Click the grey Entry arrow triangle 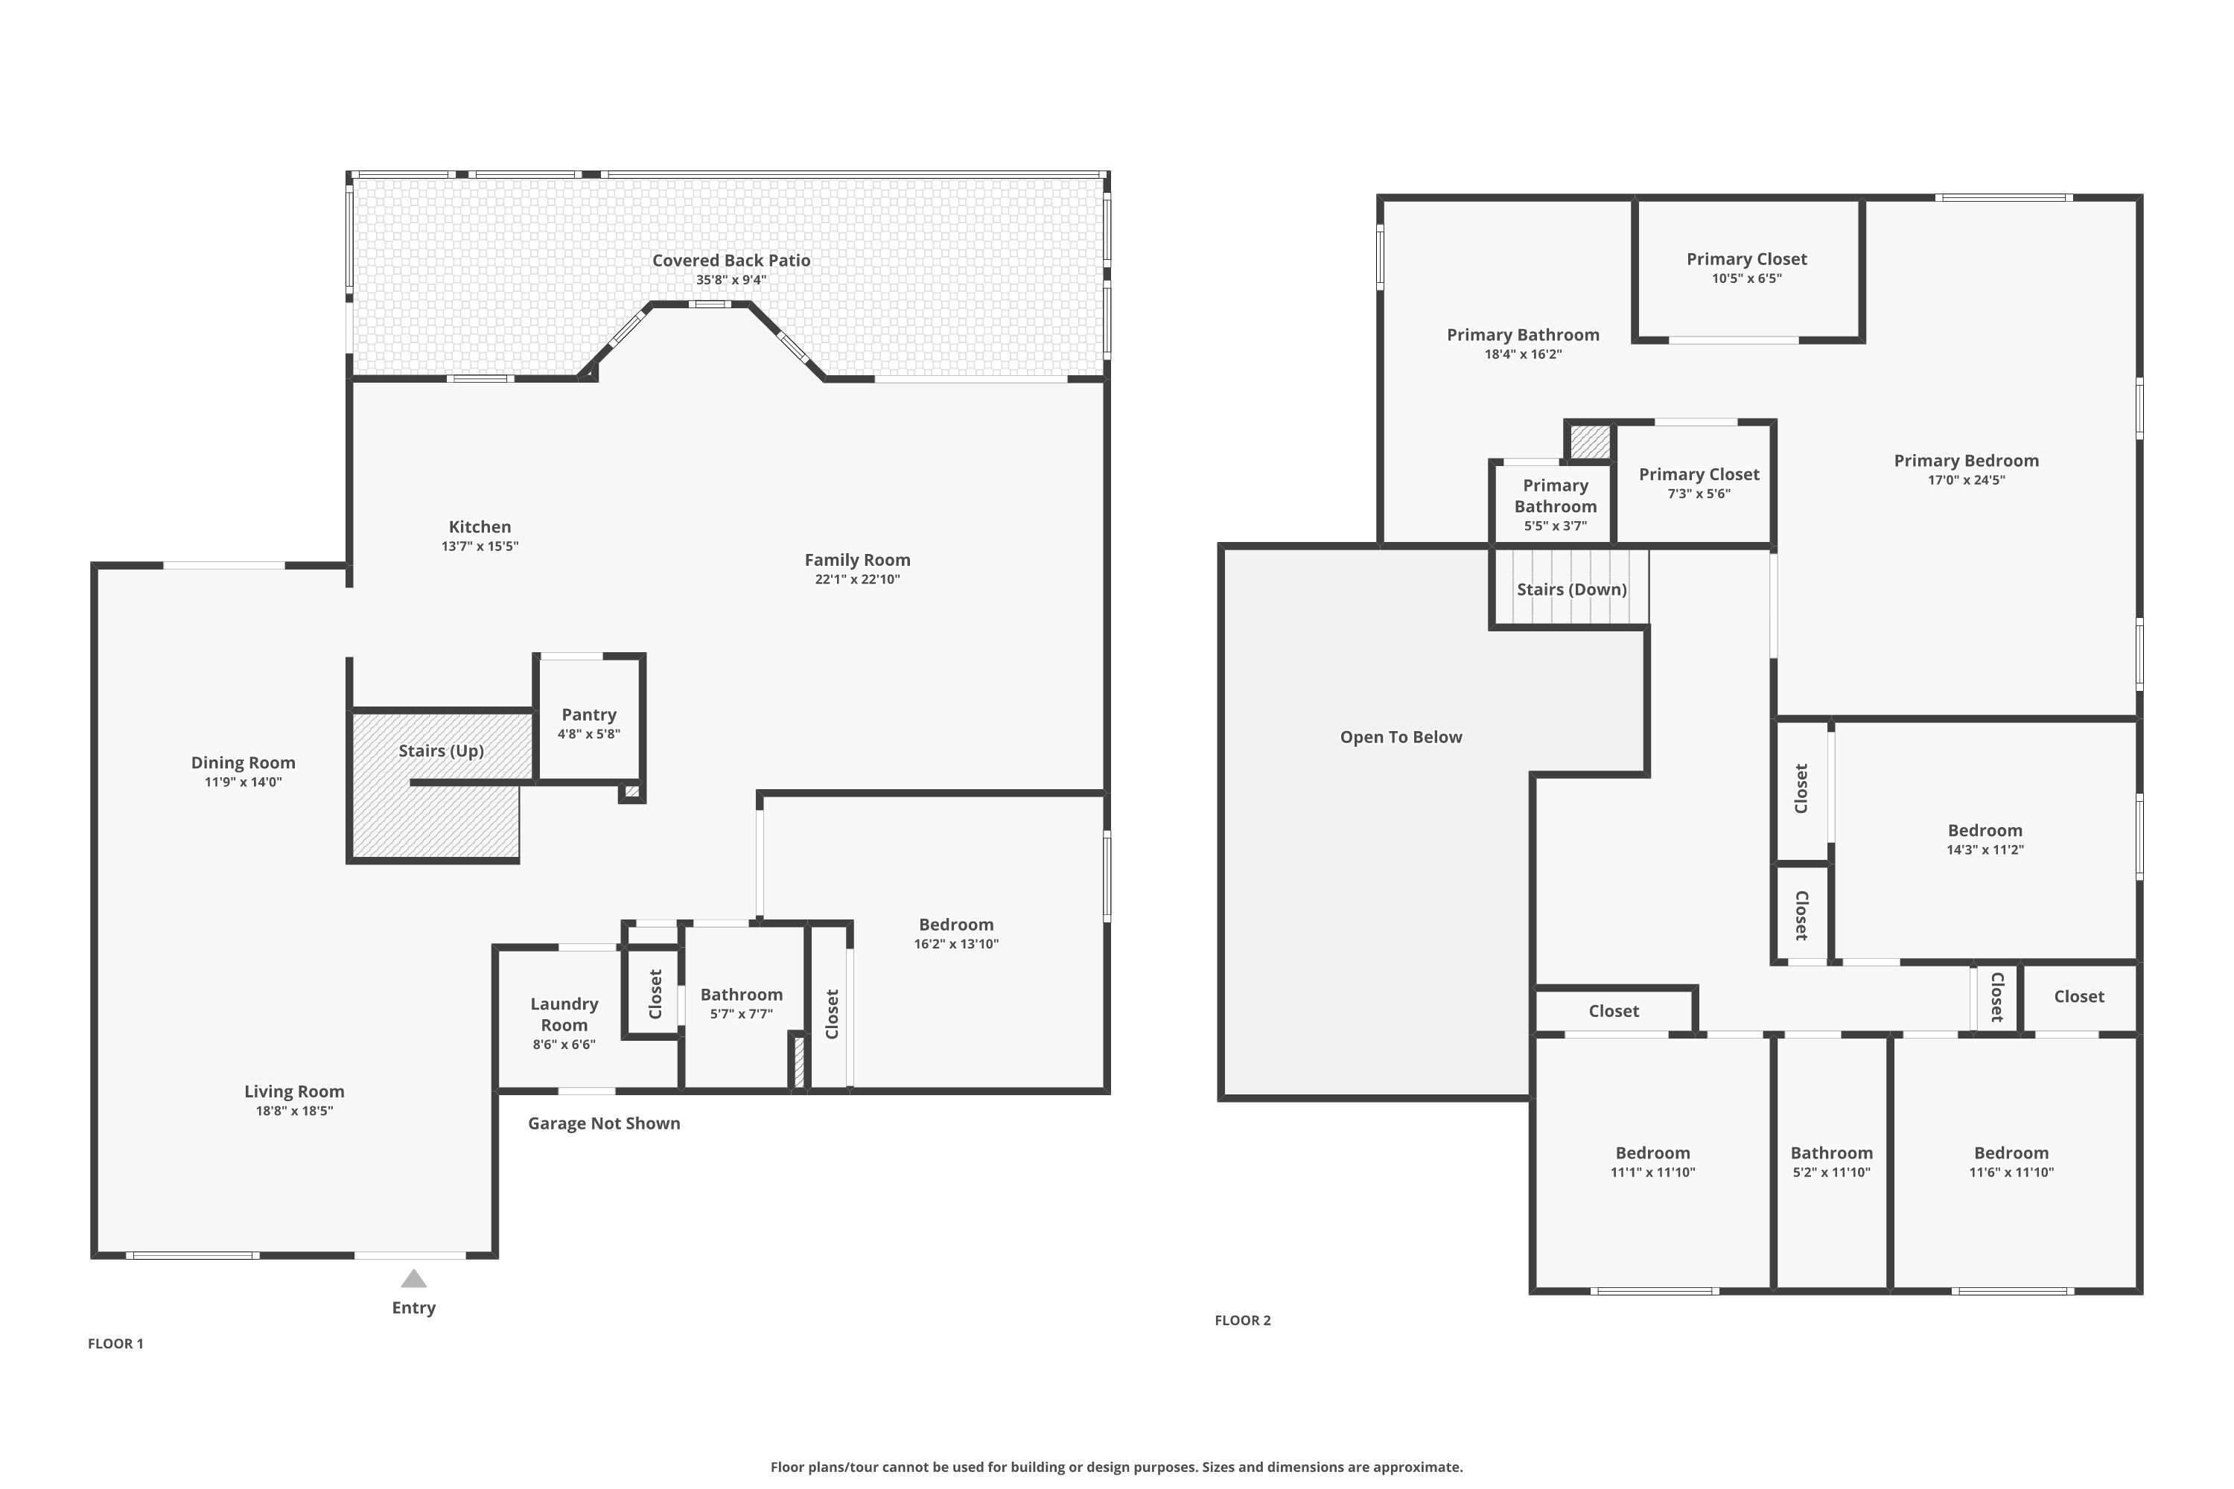[413, 1279]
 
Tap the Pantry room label [588, 715]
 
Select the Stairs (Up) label [441, 751]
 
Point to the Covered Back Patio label [731, 260]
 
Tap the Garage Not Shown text [603, 1123]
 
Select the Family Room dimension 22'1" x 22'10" [857, 579]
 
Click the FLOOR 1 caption [115, 1344]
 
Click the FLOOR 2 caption [1241, 1321]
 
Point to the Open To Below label [1400, 738]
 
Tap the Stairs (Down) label [1571, 590]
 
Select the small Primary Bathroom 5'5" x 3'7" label [1555, 496]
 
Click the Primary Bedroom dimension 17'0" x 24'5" [1965, 480]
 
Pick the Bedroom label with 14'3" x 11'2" [1985, 831]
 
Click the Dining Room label [244, 762]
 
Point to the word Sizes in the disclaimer [1221, 1467]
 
